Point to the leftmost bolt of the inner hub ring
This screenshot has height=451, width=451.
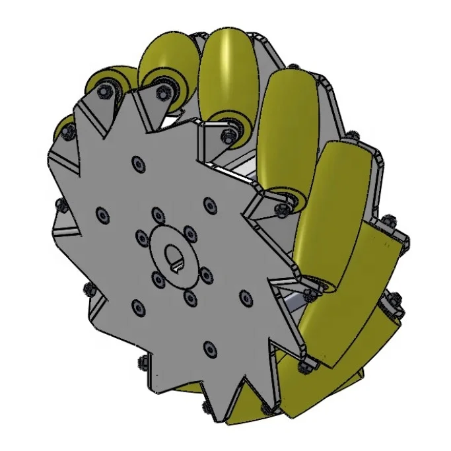(141, 236)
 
